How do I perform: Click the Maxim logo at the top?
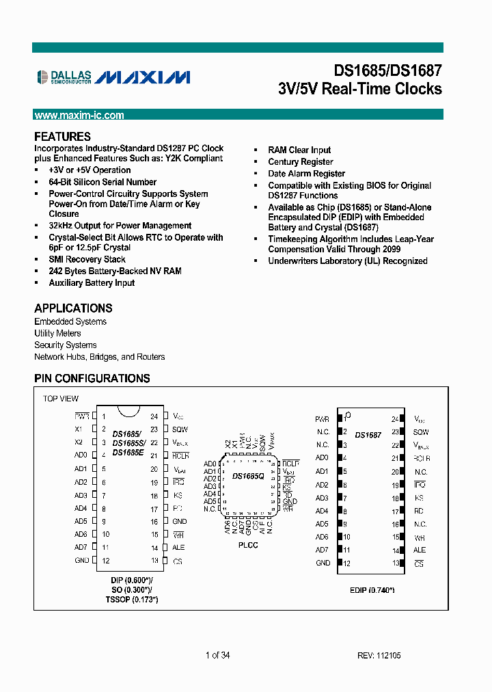[x=142, y=77]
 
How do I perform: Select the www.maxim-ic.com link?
[x=79, y=116]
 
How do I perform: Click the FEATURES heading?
[x=62, y=137]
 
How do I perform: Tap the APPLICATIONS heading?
[x=73, y=308]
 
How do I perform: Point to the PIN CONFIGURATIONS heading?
[x=92, y=378]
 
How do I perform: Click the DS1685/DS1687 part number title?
[x=387, y=70]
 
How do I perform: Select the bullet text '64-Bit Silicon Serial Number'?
[x=102, y=182]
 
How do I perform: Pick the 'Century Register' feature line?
[x=301, y=162]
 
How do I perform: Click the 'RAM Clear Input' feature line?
[x=299, y=150]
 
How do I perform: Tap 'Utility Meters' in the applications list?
[x=58, y=333]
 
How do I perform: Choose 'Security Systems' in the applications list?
[x=66, y=345]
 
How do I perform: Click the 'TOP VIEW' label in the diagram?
[x=61, y=399]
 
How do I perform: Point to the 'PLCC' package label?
[x=248, y=545]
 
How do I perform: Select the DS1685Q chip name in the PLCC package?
[x=247, y=476]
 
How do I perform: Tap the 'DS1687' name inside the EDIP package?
[x=368, y=435]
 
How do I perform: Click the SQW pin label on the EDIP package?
[x=421, y=432]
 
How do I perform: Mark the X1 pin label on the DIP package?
[x=79, y=429]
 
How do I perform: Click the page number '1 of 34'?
[x=218, y=655]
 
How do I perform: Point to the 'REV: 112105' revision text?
[x=379, y=655]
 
